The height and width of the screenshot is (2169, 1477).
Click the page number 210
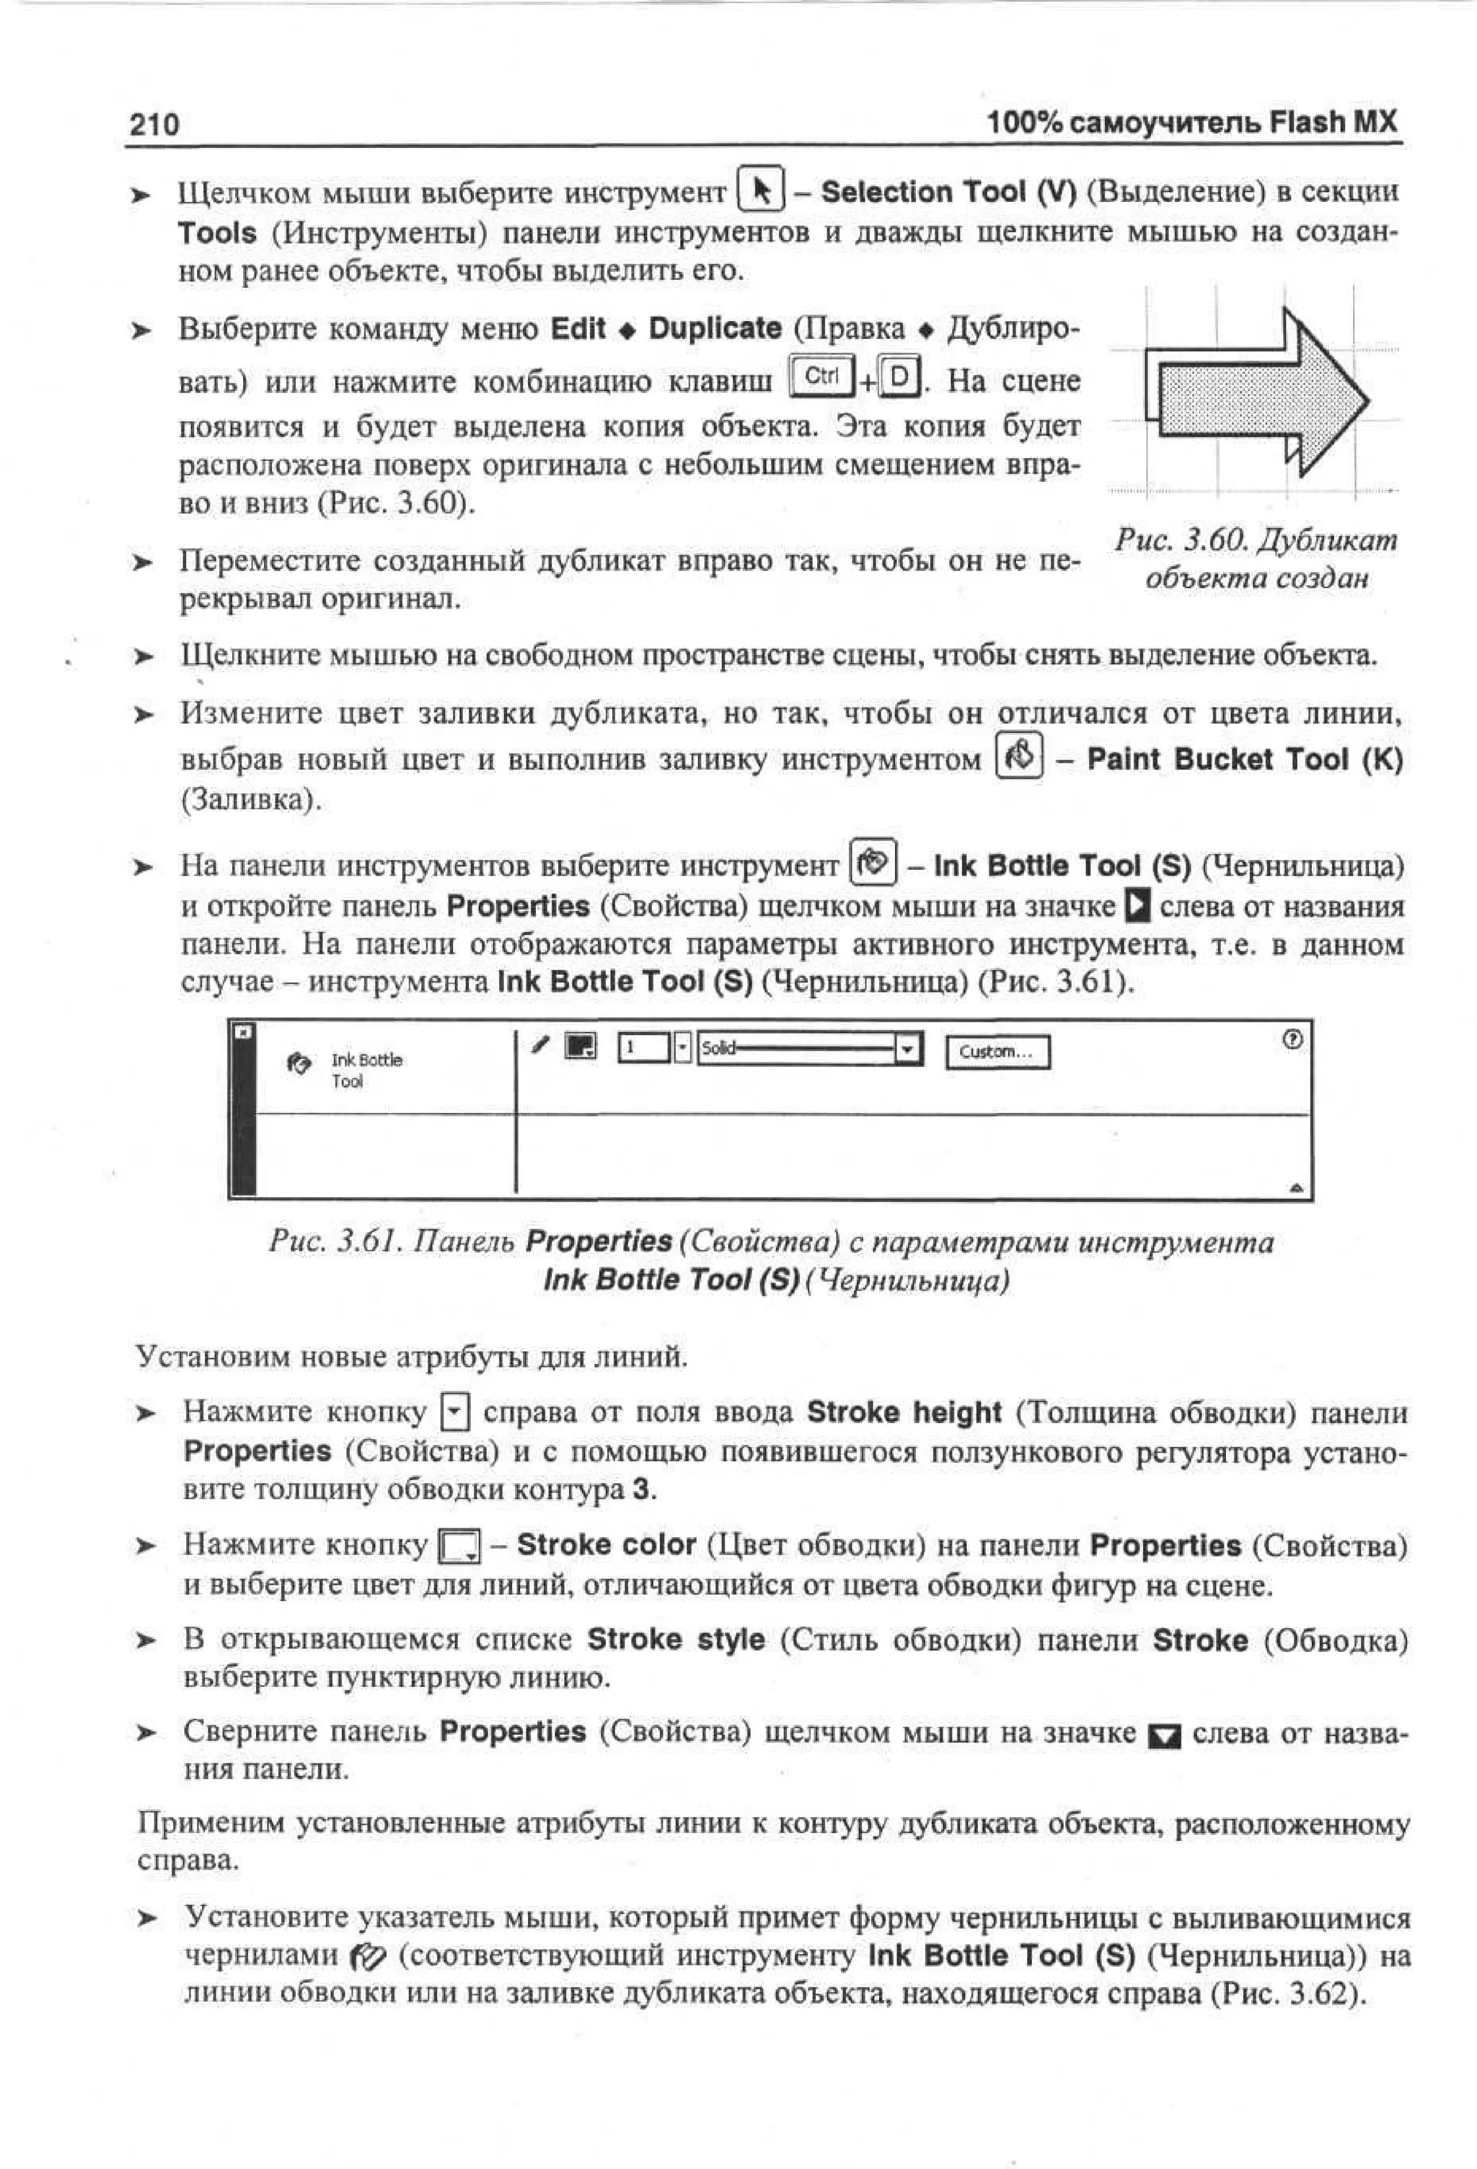pyautogui.click(x=154, y=124)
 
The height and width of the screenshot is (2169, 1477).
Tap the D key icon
pyautogui.click(x=899, y=377)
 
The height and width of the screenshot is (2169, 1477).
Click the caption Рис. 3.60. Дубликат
pyautogui.click(x=1256, y=540)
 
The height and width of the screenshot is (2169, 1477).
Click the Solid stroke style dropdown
pyautogui.click(x=809, y=1049)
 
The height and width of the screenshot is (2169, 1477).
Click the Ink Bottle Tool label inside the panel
pyautogui.click(x=365, y=1070)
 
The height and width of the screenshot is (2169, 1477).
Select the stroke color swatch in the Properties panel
pyautogui.click(x=581, y=1047)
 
